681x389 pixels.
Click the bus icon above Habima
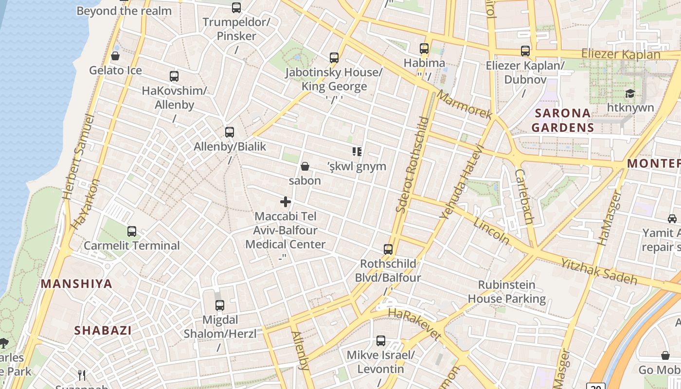(x=424, y=48)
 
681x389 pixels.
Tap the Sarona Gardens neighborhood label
(x=562, y=120)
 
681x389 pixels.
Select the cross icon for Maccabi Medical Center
(x=286, y=201)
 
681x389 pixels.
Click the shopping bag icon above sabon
(x=305, y=166)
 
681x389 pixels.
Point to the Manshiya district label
(x=76, y=284)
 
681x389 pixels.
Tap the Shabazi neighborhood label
(x=103, y=331)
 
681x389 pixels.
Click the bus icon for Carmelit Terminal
(x=132, y=231)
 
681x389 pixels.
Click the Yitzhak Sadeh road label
(x=599, y=271)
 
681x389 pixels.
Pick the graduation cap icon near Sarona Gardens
(x=630, y=93)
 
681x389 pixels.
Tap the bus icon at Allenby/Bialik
(x=230, y=132)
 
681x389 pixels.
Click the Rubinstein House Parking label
(x=506, y=292)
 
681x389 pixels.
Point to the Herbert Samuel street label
(x=78, y=157)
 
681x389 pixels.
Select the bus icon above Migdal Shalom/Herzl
(x=220, y=305)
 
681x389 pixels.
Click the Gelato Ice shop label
(x=115, y=71)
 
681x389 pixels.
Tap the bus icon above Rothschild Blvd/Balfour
(x=388, y=249)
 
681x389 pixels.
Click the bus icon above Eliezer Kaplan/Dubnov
(x=525, y=51)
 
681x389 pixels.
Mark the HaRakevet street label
(x=414, y=323)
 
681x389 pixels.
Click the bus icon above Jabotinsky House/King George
(x=334, y=57)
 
